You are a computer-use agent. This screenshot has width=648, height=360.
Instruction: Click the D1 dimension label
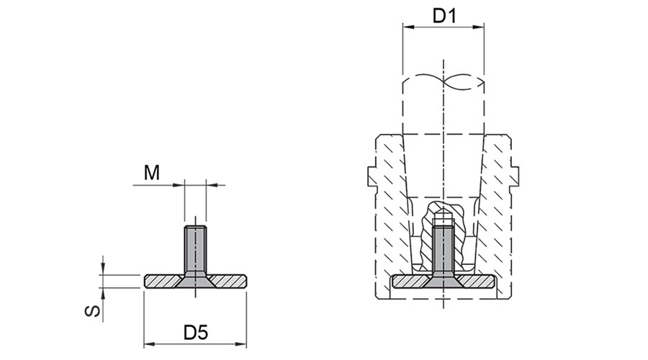(x=444, y=16)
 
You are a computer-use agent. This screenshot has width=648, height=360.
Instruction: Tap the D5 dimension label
(x=195, y=333)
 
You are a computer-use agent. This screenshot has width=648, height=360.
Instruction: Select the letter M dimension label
(x=152, y=172)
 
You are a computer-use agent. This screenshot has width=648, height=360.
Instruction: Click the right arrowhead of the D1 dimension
(x=479, y=27)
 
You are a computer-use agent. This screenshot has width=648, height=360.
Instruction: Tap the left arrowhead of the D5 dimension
(x=149, y=344)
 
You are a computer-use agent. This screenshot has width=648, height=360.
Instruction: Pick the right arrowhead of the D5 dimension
(x=241, y=344)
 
